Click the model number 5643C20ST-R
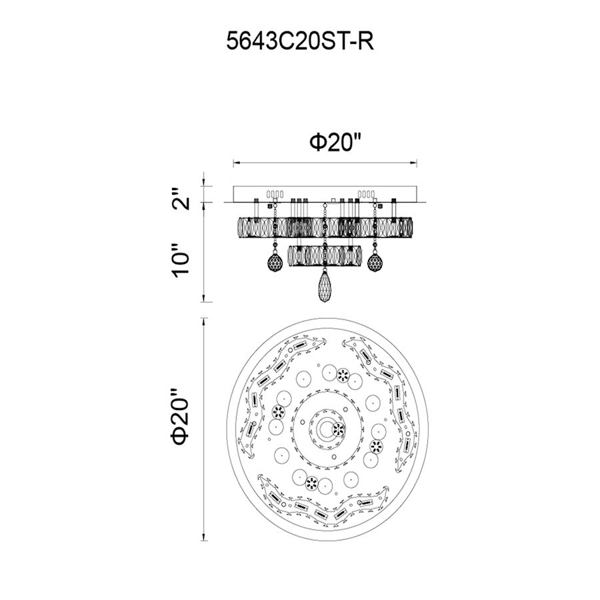coord(300,41)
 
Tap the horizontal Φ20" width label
coord(335,143)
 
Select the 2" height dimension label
coord(180,198)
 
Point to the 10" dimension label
coord(180,260)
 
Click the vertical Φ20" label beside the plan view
coord(181,417)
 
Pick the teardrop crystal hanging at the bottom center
coord(325,287)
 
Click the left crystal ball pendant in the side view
coord(275,262)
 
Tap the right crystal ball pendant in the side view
coord(375,262)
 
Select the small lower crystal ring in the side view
coord(325,255)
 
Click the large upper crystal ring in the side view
coord(325,227)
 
